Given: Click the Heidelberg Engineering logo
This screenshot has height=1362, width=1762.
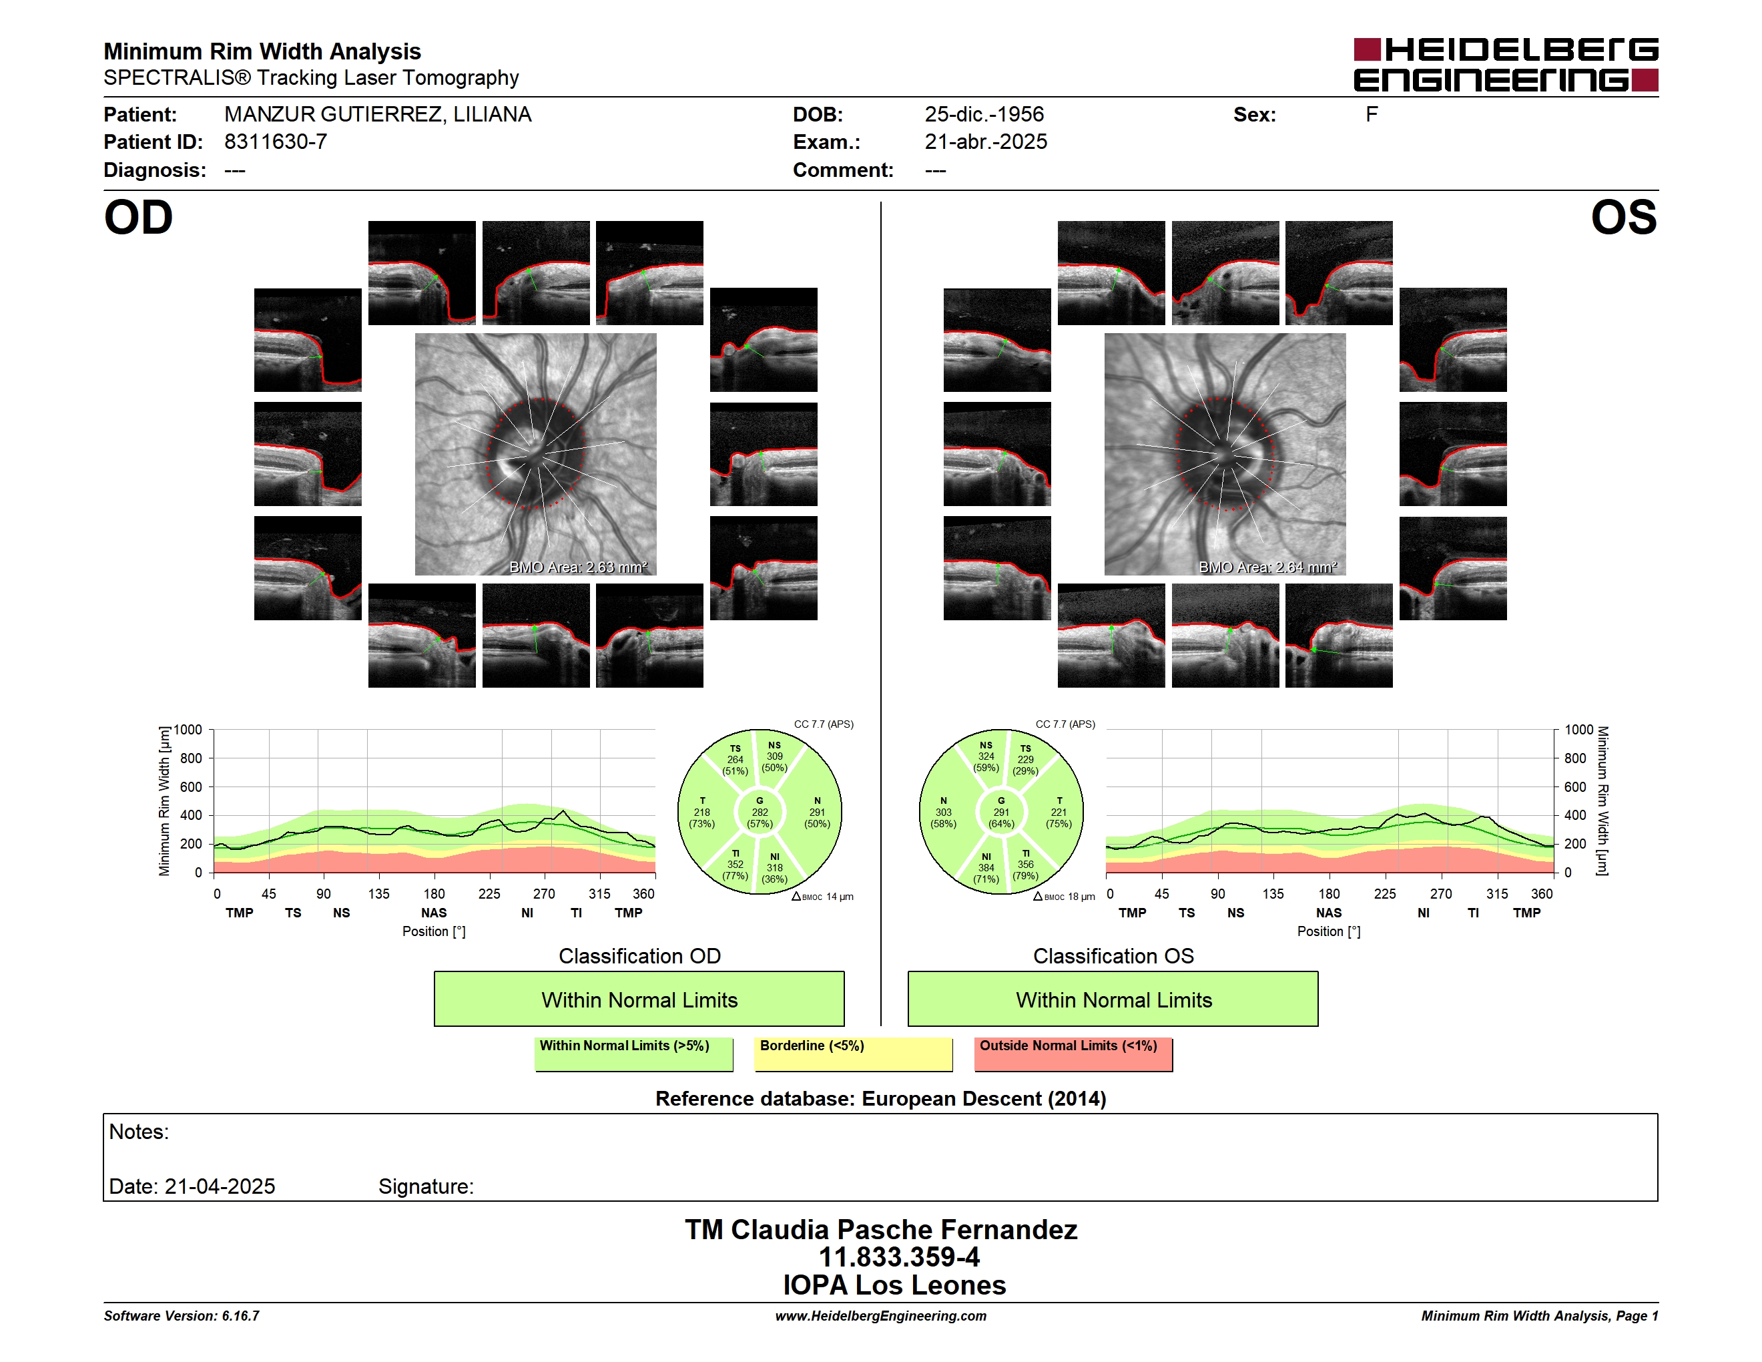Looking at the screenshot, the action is point(1506,65).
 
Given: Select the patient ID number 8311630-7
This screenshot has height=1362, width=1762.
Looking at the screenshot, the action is point(276,142).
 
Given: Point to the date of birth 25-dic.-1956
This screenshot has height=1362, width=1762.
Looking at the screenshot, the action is point(984,115).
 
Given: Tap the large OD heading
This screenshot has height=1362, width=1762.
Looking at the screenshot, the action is point(139,218).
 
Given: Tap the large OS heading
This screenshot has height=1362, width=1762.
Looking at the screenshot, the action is point(1623,218).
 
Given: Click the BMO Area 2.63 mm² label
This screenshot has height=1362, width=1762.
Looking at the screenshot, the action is point(577,567).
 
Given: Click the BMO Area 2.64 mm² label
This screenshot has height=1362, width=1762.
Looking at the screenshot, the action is point(1267,567).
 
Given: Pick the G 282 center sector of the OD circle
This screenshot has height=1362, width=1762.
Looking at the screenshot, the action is point(759,813).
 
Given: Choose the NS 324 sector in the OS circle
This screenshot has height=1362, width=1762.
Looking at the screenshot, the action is point(986,757).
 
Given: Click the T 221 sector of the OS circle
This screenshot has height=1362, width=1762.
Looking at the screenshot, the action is point(1059,813).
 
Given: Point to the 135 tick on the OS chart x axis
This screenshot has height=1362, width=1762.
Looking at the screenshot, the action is point(1273,894).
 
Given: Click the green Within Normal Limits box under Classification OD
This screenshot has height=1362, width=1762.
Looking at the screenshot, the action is point(639,999).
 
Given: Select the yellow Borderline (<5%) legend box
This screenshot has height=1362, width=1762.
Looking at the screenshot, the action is point(854,1054).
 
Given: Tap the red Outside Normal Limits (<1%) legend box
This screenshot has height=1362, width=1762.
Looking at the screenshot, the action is point(1073,1054).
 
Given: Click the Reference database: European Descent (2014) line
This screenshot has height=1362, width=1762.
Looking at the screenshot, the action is point(881,1099).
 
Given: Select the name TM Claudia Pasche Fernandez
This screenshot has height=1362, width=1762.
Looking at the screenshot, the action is point(881,1230).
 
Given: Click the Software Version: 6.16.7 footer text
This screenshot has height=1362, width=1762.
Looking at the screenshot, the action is point(182,1316).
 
